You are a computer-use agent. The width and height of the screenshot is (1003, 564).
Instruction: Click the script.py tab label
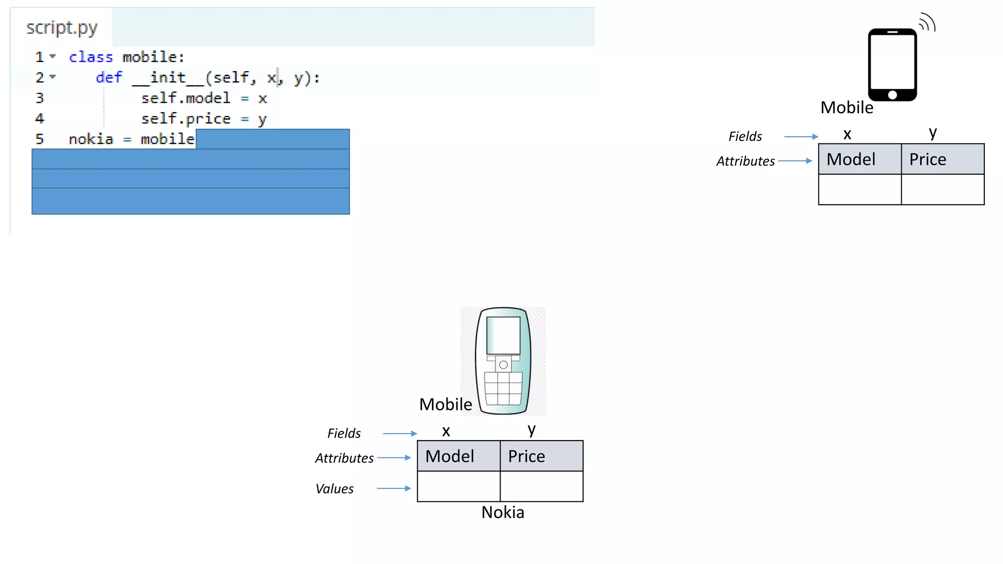coord(62,28)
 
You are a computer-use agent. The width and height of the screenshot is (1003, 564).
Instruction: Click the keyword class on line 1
coord(91,57)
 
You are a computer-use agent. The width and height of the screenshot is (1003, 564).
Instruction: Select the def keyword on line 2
coord(109,78)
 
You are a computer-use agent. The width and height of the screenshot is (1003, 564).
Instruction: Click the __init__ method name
coord(167,78)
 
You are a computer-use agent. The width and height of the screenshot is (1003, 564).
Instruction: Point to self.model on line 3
coord(186,98)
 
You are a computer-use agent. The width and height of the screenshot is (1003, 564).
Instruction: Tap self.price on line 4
coord(186,119)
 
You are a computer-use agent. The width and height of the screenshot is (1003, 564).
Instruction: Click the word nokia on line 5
coord(91,140)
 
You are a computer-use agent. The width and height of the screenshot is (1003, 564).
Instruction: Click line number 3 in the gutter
coord(40,98)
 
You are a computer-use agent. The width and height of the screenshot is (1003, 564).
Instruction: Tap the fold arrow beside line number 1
coord(52,57)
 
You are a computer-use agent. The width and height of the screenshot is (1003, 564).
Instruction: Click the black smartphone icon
coord(892,65)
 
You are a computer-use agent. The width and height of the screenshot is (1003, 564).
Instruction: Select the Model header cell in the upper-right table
coord(860,159)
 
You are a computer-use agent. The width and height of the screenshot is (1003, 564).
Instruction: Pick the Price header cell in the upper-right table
coord(942,159)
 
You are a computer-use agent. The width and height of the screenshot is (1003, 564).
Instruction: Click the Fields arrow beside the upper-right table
coord(801,137)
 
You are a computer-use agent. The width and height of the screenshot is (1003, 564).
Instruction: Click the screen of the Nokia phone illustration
coord(503,335)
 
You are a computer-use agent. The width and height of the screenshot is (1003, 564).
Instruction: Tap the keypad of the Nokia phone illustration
coord(503,388)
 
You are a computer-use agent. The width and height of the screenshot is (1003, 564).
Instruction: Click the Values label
coord(334,489)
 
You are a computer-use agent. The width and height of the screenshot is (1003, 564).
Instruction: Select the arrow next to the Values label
coord(394,488)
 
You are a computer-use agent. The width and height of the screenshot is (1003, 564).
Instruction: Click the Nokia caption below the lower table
coord(502,512)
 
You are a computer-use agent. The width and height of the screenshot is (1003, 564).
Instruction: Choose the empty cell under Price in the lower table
coord(541,486)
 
